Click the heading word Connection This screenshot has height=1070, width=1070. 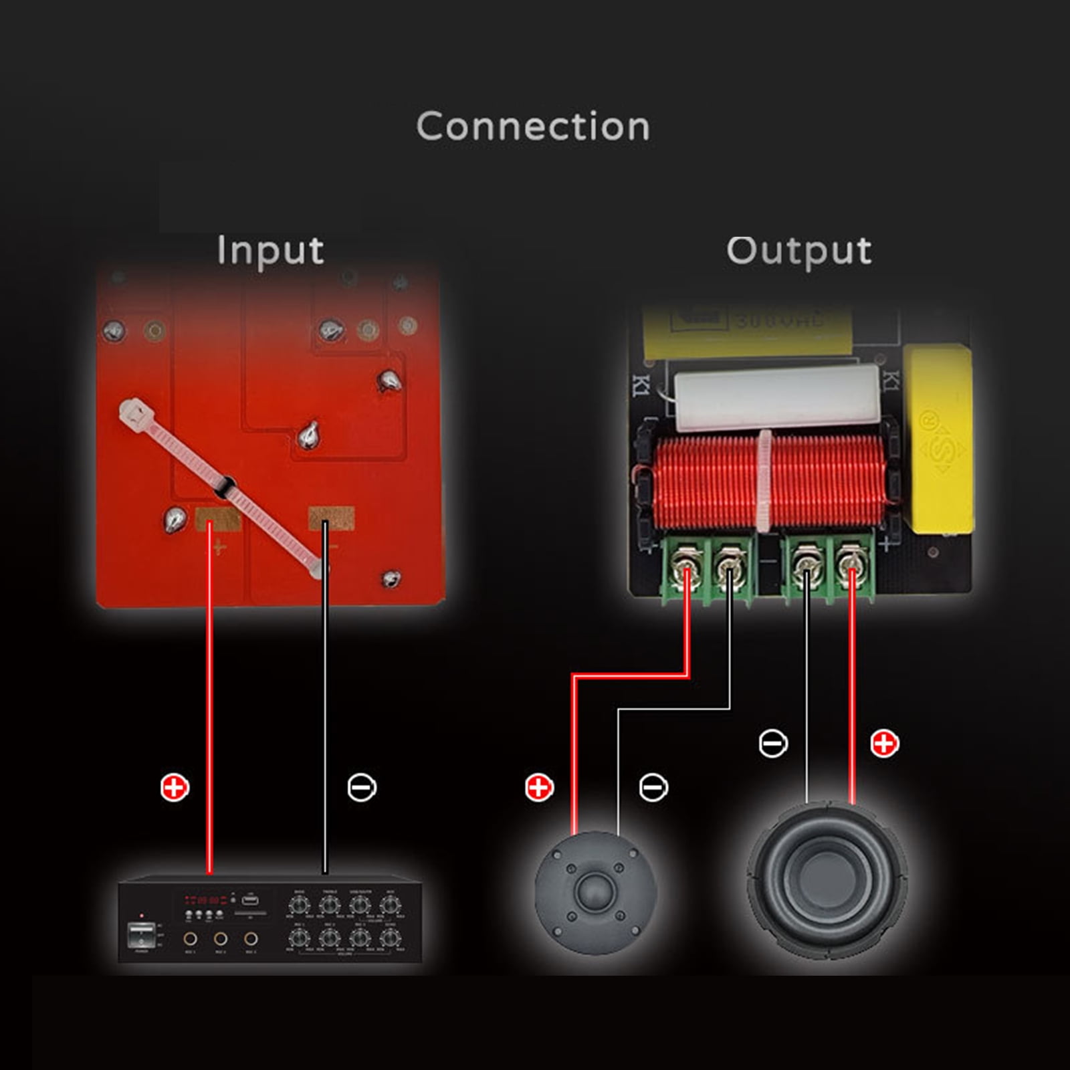pyautogui.click(x=533, y=126)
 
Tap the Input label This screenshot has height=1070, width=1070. pyautogui.click(x=270, y=251)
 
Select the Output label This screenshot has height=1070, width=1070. pyautogui.click(x=799, y=251)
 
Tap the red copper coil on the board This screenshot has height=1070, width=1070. pyautogui.click(x=762, y=481)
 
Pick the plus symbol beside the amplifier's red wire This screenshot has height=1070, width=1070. pyautogui.click(x=175, y=788)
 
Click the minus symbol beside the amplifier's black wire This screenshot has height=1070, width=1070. pyautogui.click(x=362, y=788)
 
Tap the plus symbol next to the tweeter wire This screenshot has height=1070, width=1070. pyautogui.click(x=539, y=788)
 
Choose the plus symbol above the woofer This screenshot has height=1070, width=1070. pyautogui.click(x=884, y=743)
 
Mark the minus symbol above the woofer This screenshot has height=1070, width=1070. pyautogui.click(x=773, y=743)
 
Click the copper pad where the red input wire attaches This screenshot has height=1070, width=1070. pyautogui.click(x=217, y=518)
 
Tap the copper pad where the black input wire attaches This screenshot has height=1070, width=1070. pyautogui.click(x=331, y=516)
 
